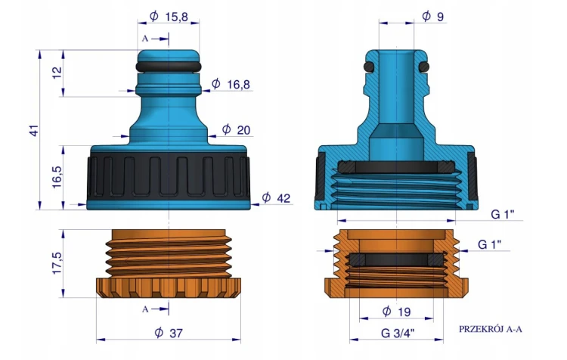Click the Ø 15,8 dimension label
click(169, 17)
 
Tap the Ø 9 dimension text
click(432, 17)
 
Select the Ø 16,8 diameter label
click(231, 84)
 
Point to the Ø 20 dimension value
click(236, 129)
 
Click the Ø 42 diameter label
click(276, 197)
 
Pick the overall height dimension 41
click(33, 130)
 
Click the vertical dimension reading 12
click(57, 73)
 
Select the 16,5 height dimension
click(57, 177)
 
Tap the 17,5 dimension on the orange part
click(57, 263)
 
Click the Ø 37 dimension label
click(169, 333)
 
